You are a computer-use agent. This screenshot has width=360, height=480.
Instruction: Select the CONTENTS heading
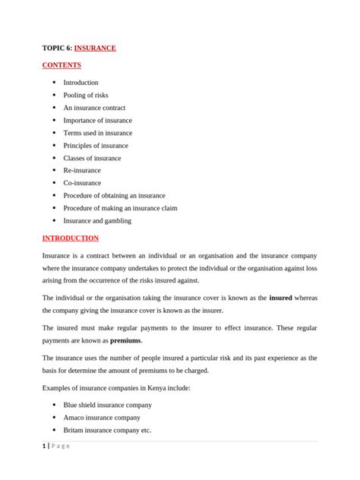[62, 65]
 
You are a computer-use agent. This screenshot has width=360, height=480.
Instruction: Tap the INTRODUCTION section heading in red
[71, 238]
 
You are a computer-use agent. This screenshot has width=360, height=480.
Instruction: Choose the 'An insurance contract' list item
[94, 108]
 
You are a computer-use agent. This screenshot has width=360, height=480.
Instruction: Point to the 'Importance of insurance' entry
[97, 120]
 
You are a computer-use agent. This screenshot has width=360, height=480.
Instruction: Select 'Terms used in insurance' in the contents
[97, 133]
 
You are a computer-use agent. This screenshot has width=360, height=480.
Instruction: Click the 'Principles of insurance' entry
[96, 145]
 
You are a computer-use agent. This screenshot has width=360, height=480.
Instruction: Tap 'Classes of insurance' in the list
[92, 158]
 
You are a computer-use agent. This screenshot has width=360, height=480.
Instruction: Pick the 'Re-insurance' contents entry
[82, 170]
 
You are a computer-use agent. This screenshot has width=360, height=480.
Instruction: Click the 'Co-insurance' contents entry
[82, 183]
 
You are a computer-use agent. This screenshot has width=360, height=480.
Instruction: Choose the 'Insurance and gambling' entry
[97, 220]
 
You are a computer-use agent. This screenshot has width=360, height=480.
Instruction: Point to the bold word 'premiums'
[125, 341]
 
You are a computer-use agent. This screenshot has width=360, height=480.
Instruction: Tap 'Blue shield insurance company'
[107, 405]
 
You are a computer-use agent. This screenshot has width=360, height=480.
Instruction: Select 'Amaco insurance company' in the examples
[102, 418]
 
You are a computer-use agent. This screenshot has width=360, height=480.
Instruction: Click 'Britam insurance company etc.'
[107, 430]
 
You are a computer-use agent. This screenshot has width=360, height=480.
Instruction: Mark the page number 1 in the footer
[44, 446]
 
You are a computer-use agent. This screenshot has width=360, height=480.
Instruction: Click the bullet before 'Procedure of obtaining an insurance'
[54, 195]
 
